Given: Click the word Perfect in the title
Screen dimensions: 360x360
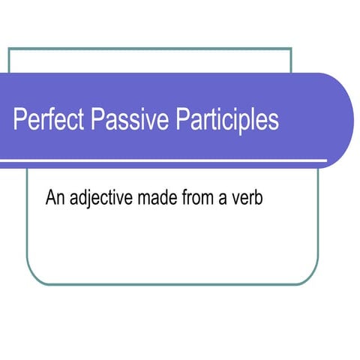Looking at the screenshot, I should click(48, 120).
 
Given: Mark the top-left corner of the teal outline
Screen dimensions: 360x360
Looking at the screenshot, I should click(9, 49).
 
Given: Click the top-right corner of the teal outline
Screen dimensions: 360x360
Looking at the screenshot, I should click(291, 49).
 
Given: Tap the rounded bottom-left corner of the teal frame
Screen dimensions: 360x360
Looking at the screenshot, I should click(31, 279).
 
